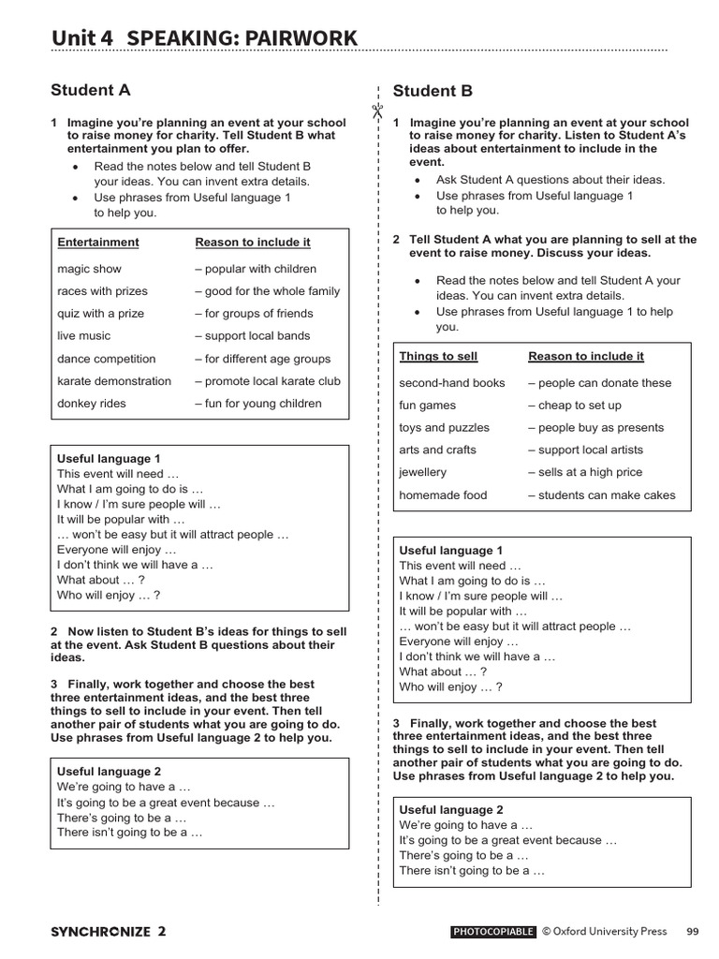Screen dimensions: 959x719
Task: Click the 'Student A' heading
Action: click(x=91, y=91)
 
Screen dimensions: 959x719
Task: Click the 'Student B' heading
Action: click(x=433, y=91)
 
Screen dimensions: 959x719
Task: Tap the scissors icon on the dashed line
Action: click(x=377, y=111)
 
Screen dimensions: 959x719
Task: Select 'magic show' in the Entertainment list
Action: click(x=89, y=269)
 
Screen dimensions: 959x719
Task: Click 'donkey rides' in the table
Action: click(x=91, y=404)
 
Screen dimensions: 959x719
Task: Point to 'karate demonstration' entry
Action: click(x=114, y=381)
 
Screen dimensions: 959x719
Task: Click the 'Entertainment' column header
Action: click(x=97, y=243)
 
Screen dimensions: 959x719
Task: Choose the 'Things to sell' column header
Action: click(x=438, y=357)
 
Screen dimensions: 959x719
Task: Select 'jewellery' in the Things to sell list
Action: click(x=422, y=473)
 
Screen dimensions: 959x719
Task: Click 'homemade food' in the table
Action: click(x=443, y=495)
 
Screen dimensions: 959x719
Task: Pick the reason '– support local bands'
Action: click(x=252, y=336)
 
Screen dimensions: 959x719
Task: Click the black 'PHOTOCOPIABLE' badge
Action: click(x=492, y=932)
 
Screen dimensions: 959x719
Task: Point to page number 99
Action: click(x=692, y=932)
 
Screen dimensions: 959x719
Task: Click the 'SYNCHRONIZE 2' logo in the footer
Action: click(x=109, y=932)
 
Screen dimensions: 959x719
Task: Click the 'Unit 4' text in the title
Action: click(x=82, y=38)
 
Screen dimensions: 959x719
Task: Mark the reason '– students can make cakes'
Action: click(x=601, y=495)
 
